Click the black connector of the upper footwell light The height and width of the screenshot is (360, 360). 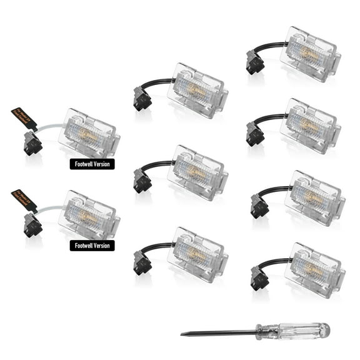(x=33, y=144)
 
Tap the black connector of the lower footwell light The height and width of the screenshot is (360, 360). (x=33, y=224)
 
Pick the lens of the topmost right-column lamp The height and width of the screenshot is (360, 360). (x=309, y=54)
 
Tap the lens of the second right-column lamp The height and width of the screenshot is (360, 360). (x=309, y=125)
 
